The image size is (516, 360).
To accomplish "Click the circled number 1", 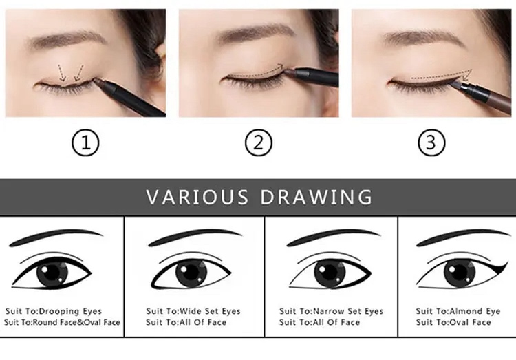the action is point(85,143).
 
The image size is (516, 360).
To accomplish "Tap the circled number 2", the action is point(259,143).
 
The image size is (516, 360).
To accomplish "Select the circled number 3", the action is point(431,143).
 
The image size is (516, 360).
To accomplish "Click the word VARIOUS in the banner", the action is point(197,197).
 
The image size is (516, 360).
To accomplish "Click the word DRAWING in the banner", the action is point(316,197).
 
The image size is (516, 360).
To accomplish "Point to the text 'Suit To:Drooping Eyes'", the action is point(53,311).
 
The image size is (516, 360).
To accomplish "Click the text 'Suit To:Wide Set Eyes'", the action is point(193,311).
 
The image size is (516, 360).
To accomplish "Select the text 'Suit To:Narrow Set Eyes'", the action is point(331,311).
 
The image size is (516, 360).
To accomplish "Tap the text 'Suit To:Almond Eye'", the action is point(458,311).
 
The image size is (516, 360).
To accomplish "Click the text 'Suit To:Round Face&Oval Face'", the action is point(62,322).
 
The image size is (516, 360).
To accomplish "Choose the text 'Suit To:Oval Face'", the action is point(453,322).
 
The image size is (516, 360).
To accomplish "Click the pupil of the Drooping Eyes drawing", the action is point(52,273).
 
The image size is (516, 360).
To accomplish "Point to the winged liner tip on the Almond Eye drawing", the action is point(506,262).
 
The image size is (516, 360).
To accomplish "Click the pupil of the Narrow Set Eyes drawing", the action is point(330,273).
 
